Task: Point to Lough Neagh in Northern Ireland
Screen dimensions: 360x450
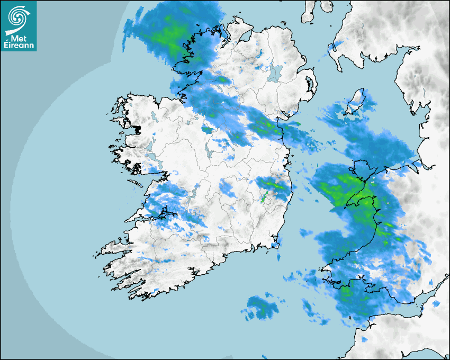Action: point(273,73)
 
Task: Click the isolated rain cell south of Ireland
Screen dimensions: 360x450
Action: point(260,307)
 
